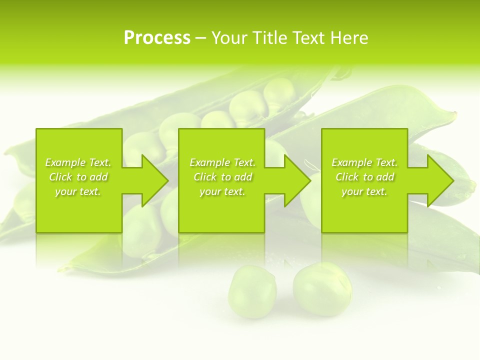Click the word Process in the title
(x=157, y=38)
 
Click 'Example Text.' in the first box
(x=78, y=162)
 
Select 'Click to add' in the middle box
(x=222, y=177)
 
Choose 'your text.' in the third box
(x=364, y=191)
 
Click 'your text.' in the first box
(x=78, y=191)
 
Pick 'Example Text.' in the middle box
(x=222, y=162)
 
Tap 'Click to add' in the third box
(x=364, y=177)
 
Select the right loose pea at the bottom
(x=322, y=289)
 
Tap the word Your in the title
(x=229, y=38)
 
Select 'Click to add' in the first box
(x=78, y=177)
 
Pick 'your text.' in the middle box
(x=222, y=191)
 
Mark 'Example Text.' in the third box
(x=364, y=162)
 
